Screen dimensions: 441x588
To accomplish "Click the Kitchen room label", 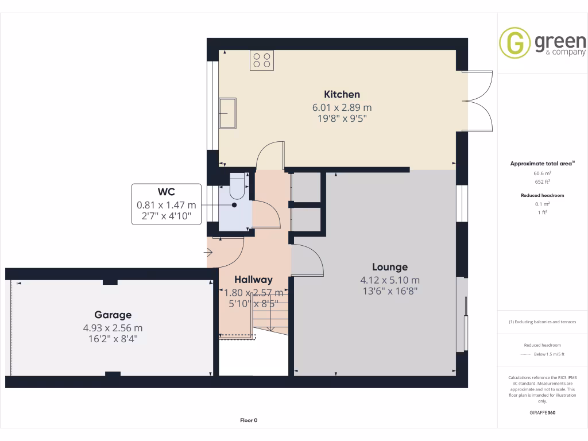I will (x=342, y=94).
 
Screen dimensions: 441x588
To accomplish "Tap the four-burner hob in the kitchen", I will (x=261, y=60).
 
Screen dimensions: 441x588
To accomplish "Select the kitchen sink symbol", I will (x=227, y=113).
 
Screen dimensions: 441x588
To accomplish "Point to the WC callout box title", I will (x=167, y=192).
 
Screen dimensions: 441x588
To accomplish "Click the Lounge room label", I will (x=389, y=267).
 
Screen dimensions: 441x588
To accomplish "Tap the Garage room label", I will (x=113, y=315).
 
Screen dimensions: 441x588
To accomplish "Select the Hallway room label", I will (x=253, y=280).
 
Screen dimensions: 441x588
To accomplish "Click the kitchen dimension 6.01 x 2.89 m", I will (x=342, y=107).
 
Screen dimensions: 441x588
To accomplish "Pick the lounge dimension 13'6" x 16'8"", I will (x=389, y=291).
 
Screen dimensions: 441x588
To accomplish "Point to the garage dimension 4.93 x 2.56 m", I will (x=113, y=328).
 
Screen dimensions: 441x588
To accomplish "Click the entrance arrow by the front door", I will (x=208, y=252).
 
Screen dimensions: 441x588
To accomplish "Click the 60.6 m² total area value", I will (x=543, y=173).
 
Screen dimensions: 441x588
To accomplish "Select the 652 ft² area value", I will (x=543, y=181).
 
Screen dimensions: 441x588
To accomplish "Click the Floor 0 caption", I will (x=249, y=420).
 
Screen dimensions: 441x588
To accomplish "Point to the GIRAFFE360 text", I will (x=543, y=412).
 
